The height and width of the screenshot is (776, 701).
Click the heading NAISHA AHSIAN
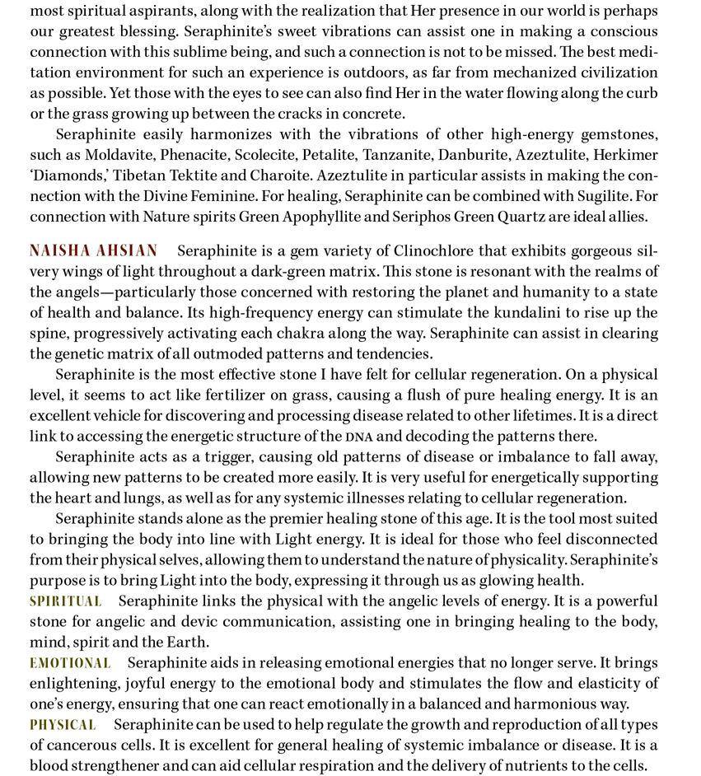(93, 251)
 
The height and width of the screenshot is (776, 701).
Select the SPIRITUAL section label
(66, 601)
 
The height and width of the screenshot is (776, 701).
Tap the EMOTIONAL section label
(70, 663)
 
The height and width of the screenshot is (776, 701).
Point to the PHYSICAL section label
(63, 725)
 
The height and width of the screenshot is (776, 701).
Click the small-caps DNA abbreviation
(359, 437)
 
